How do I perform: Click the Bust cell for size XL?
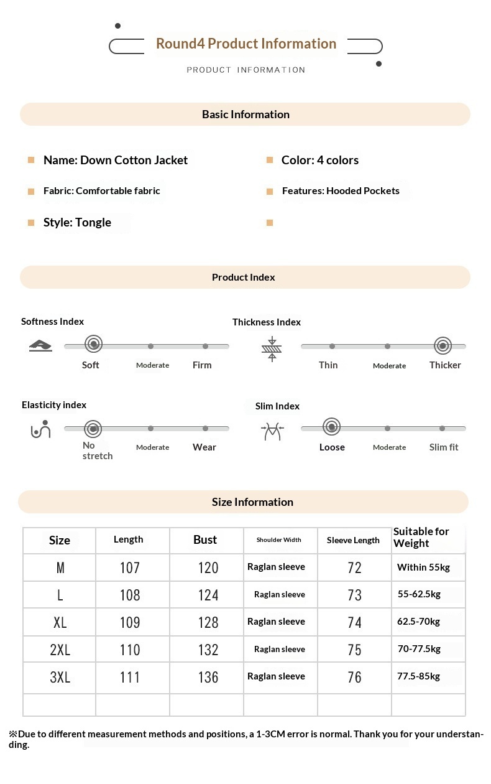(x=208, y=622)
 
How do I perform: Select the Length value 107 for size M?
(x=130, y=567)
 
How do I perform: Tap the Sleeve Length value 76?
(x=354, y=677)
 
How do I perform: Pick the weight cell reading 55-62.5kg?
(x=419, y=594)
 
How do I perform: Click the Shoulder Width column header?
(x=279, y=540)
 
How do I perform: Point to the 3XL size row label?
(x=60, y=677)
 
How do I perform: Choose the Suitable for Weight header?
(x=421, y=537)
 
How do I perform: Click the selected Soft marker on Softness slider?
(x=93, y=343)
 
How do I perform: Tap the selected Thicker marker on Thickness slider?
(x=443, y=345)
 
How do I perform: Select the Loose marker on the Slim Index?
(x=332, y=427)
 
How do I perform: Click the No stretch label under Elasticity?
(x=98, y=450)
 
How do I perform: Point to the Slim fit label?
(x=444, y=447)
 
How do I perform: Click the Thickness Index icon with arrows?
(x=272, y=349)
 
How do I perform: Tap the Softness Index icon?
(x=40, y=345)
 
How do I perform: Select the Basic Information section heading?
(x=245, y=114)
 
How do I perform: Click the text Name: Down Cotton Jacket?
(x=116, y=160)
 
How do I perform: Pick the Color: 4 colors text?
(x=320, y=160)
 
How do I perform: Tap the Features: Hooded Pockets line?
(x=341, y=191)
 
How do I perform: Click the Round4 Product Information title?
(x=246, y=44)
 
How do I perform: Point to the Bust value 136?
(x=208, y=677)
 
